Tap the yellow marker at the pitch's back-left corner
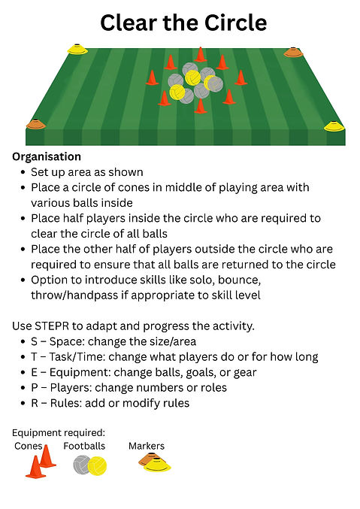77,50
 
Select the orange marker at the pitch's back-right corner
293,53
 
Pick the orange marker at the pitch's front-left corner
36,124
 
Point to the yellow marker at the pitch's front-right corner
334,126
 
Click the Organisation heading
47,157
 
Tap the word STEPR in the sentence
52,326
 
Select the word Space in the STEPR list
66,342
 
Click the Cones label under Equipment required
29,446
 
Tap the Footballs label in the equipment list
84,446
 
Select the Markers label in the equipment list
147,446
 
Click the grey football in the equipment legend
81,465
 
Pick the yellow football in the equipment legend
98,466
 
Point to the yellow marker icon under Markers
157,465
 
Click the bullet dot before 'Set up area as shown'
23,172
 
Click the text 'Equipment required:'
59,433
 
